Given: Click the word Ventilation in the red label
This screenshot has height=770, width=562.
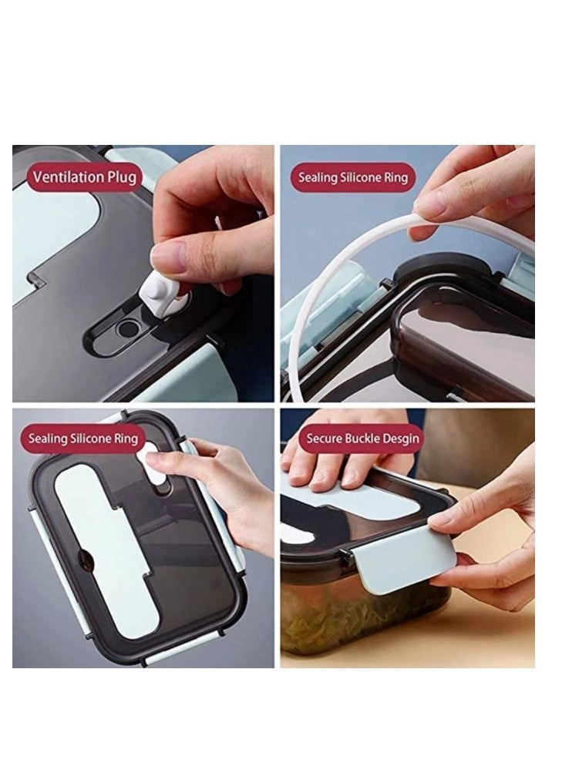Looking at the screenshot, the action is [69, 177].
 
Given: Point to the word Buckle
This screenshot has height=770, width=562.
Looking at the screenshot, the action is [362, 438].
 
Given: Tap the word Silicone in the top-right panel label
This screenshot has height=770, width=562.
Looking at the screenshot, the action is [361, 177].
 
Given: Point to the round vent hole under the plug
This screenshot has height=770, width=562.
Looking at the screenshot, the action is [129, 328].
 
